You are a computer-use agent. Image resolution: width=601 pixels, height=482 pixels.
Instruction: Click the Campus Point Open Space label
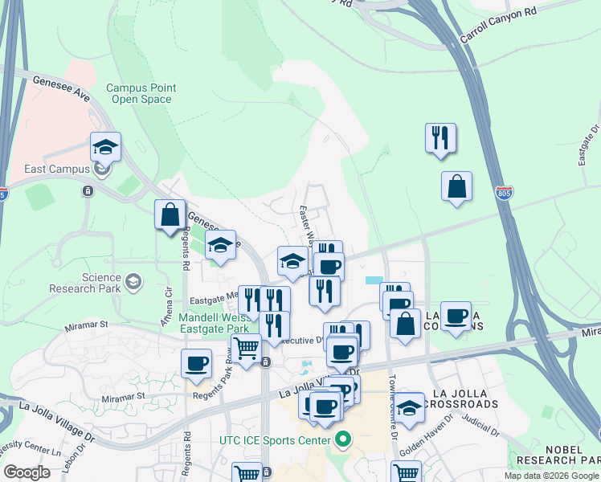141,93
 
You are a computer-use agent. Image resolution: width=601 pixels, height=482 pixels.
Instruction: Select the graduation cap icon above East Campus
105,147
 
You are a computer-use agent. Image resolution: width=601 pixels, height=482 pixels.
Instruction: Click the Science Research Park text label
84,282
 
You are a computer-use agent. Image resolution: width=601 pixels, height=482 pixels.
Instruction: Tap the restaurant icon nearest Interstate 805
440,138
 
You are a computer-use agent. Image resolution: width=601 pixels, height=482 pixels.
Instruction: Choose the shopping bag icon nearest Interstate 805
456,187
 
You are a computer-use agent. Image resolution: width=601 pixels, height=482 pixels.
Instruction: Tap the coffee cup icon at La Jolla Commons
456,316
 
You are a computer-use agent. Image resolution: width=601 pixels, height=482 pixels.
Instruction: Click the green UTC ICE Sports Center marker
344,439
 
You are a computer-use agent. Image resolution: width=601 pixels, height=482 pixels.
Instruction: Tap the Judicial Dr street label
480,428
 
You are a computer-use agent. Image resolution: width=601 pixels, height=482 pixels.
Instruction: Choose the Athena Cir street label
169,307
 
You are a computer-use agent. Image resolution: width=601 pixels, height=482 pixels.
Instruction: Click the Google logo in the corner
27,472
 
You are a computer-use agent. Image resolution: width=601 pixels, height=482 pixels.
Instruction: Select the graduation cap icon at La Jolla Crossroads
408,409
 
